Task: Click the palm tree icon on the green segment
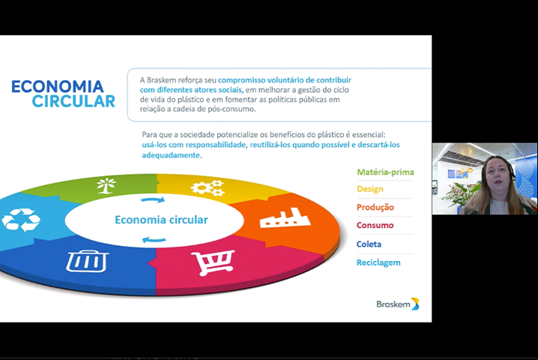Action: [106, 186]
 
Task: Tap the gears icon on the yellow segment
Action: [208, 188]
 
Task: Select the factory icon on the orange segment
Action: [285, 217]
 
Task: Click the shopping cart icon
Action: [214, 262]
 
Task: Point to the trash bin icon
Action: [88, 262]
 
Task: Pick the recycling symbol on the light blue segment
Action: [21, 220]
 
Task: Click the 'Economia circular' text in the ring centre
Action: [161, 220]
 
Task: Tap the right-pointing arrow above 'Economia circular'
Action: [153, 199]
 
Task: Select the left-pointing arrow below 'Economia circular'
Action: [154, 239]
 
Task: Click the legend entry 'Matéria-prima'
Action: [385, 172]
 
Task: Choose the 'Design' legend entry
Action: [370, 189]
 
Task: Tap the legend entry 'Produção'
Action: [375, 207]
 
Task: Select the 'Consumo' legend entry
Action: [375, 225]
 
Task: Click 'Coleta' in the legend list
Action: [369, 244]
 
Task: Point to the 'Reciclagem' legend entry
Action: [378, 262]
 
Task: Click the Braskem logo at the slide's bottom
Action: [398, 304]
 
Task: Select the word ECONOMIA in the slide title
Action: [57, 86]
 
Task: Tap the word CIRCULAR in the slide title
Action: [73, 101]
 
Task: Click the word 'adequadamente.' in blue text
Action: [172, 155]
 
